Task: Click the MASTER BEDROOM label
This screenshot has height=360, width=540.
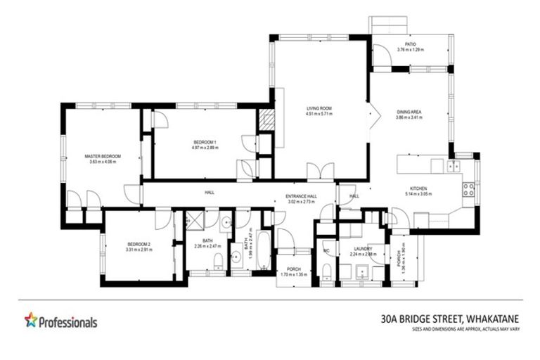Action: click(x=103, y=156)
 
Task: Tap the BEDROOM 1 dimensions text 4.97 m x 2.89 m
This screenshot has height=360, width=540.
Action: click(x=205, y=148)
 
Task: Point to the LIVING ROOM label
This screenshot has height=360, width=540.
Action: click(x=319, y=108)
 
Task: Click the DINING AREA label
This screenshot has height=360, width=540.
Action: click(x=409, y=112)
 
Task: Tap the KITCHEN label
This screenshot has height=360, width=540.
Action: click(x=418, y=188)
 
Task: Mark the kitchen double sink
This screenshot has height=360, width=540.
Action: click(x=454, y=166)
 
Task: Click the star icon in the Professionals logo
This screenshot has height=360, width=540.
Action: click(x=31, y=321)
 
